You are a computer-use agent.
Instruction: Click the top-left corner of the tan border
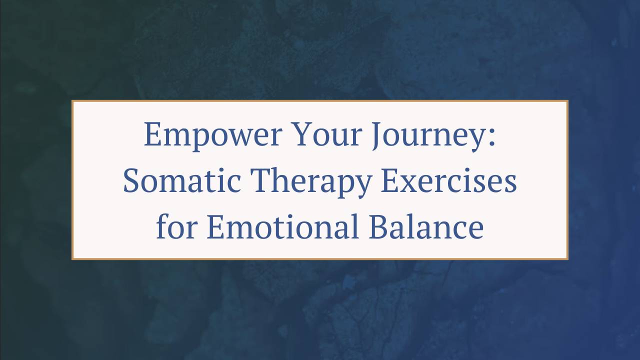coord(72,101)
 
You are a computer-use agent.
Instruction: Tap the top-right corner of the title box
coord(567,101)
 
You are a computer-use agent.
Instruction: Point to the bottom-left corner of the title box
coord(72,258)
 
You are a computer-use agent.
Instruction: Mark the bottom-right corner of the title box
coord(567,258)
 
